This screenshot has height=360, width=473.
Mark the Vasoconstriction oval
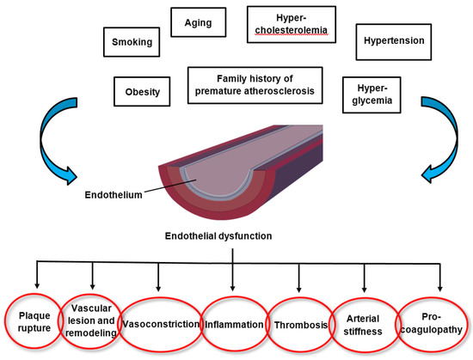(159, 324)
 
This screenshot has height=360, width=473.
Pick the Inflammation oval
(233, 324)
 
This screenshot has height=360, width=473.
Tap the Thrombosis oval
(298, 325)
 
